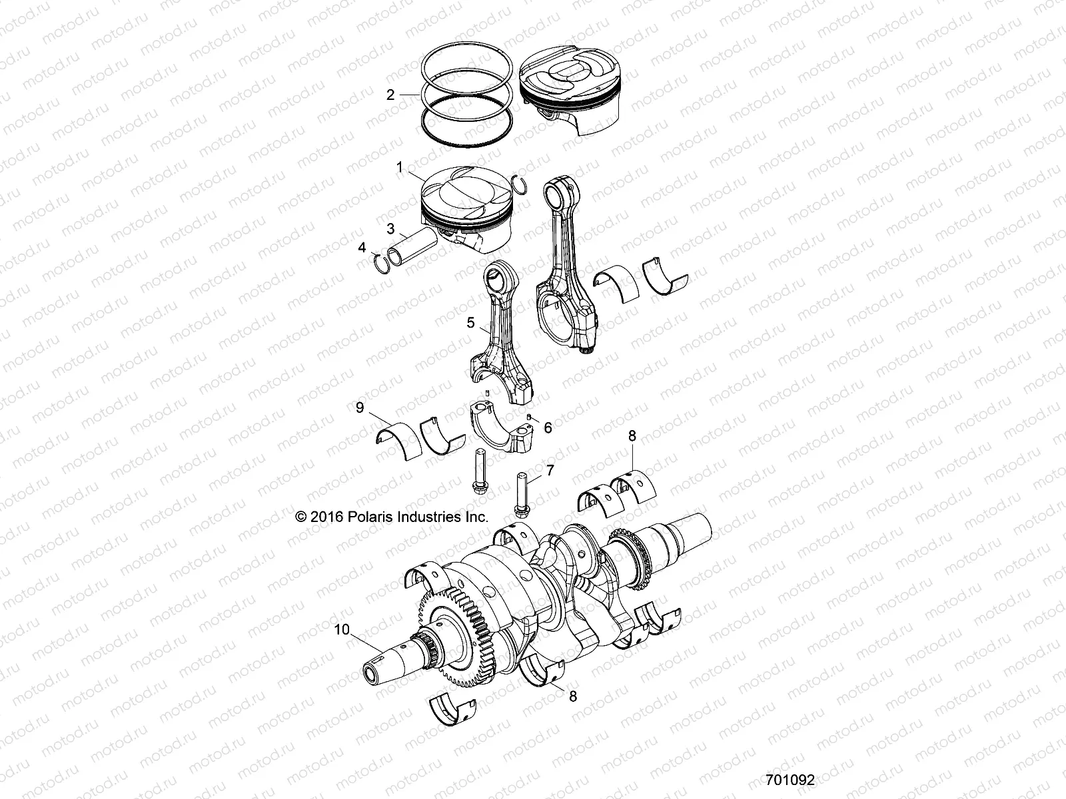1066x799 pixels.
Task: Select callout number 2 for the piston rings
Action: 390,95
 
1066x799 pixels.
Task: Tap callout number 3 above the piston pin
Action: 390,228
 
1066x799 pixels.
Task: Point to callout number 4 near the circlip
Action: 362,247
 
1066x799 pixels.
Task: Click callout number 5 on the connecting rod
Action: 470,323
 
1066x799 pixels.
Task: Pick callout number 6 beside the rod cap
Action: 548,427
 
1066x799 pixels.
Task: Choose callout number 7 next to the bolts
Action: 550,470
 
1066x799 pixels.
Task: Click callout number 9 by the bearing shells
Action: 360,407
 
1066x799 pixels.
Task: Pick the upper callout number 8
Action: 632,436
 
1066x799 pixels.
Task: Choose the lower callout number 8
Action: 573,696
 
